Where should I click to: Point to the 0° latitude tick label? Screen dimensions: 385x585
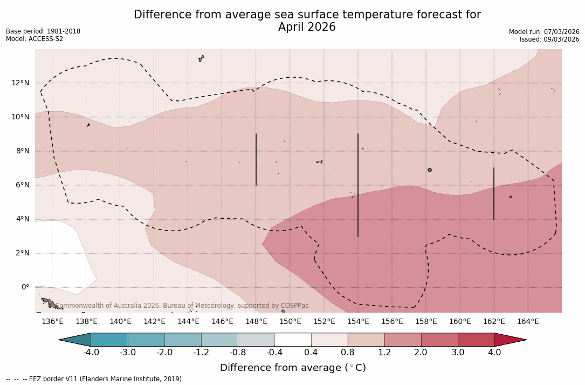25,287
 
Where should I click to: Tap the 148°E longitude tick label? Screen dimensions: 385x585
256,322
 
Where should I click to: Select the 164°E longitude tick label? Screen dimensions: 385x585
528,322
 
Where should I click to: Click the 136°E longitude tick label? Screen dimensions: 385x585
52,322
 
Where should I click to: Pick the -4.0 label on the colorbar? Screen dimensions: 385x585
91,353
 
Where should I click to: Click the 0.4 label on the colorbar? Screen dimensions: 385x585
311,353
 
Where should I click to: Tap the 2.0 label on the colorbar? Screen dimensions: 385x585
421,353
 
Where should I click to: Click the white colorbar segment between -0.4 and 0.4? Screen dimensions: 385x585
293,340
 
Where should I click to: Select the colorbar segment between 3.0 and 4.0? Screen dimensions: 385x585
476,340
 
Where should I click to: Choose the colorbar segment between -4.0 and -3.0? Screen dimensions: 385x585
109,340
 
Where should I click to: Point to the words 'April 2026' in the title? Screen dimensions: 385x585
307,27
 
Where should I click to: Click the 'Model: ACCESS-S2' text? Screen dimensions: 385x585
35,39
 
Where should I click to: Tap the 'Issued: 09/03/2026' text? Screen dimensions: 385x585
549,39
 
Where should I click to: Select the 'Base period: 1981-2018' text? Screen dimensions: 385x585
43,31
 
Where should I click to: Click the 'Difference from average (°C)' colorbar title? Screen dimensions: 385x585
293,368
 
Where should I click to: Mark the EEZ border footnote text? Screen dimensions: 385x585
95,379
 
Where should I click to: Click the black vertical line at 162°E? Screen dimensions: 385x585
494,193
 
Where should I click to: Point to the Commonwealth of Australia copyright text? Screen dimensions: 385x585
182,306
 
